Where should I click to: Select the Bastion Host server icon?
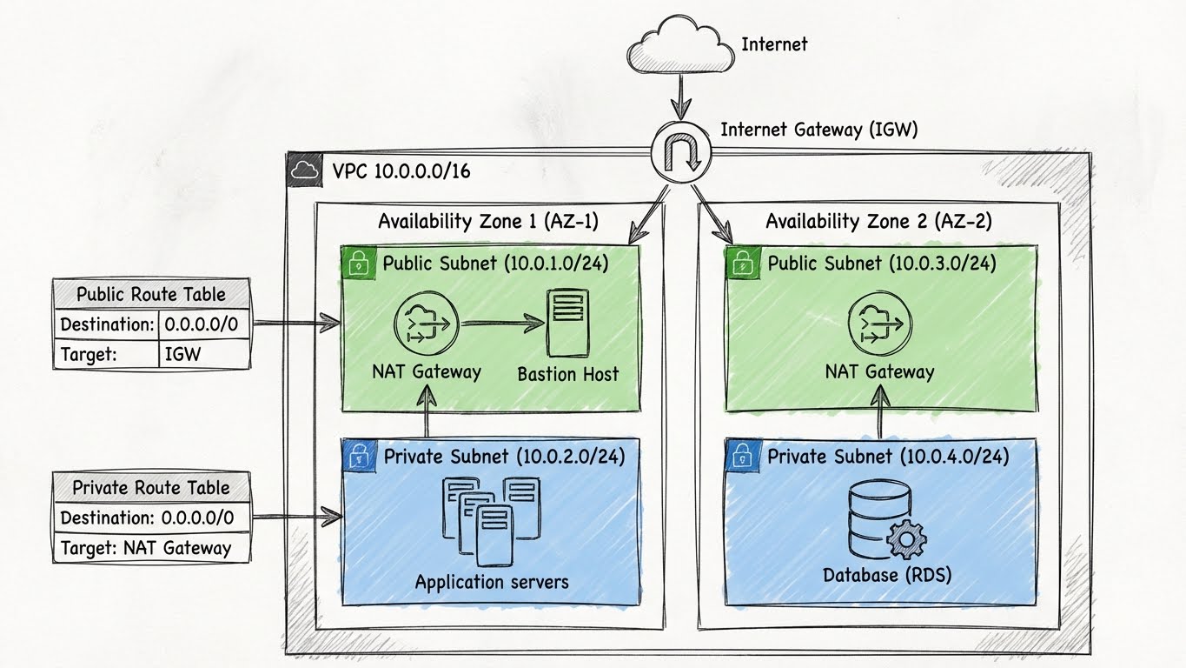click(566, 324)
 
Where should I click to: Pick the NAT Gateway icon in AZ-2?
click(878, 324)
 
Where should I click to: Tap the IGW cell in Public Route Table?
click(204, 355)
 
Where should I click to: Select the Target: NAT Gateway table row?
click(152, 548)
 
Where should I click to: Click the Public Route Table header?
click(152, 294)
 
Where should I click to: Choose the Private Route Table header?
click(152, 488)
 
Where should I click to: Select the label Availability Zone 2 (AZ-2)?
click(878, 221)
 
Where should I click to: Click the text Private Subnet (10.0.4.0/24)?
click(887, 456)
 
